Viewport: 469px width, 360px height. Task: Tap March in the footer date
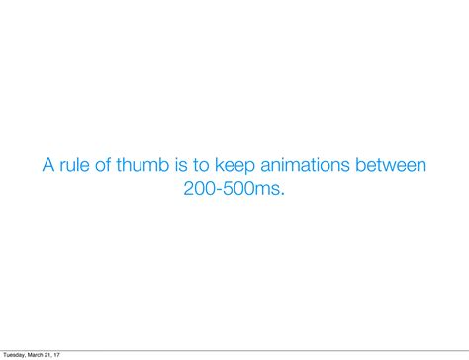click(x=39, y=354)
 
